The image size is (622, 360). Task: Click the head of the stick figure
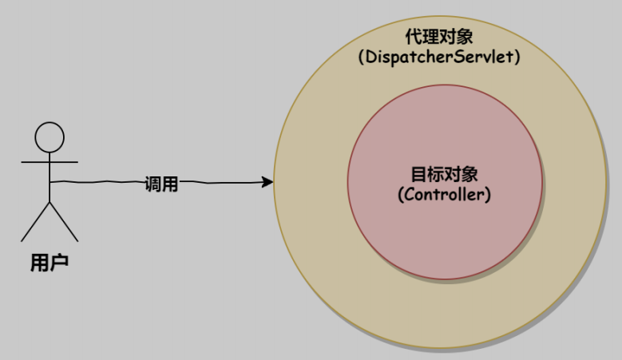(50, 136)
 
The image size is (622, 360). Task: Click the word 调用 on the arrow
(160, 184)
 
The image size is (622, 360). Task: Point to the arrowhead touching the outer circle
(267, 183)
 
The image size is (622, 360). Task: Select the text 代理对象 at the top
(440, 38)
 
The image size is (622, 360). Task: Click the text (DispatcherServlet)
(439, 57)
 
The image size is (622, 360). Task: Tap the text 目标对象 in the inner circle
(444, 175)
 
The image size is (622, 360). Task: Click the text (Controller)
(444, 194)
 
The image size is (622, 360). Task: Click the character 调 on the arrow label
(153, 184)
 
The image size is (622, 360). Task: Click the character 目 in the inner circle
(418, 175)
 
